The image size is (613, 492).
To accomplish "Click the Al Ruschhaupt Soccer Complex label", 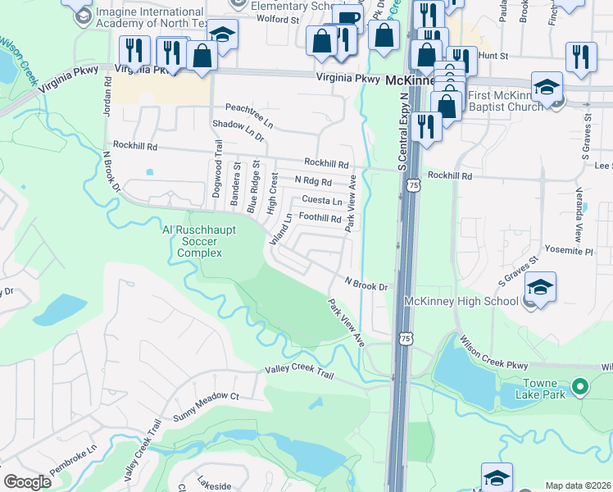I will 201,242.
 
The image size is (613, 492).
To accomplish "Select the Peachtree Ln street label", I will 248,109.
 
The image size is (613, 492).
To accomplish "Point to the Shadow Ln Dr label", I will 238,130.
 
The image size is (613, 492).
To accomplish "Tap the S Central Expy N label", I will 403,131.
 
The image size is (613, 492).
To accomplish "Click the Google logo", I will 28,482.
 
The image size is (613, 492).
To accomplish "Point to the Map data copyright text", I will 577,485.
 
